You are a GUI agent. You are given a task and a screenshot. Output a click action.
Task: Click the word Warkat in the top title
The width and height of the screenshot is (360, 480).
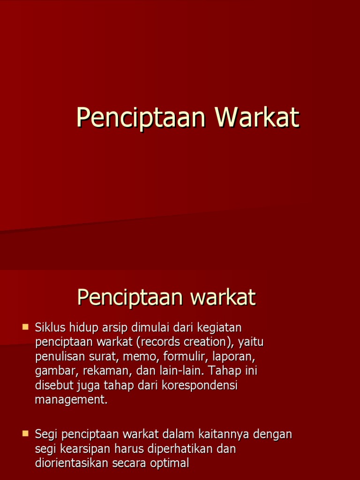257,117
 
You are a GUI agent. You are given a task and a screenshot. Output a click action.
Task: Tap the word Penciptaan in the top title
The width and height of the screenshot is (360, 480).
141,117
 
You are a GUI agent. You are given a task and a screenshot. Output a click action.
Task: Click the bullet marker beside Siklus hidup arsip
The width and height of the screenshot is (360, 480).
25,326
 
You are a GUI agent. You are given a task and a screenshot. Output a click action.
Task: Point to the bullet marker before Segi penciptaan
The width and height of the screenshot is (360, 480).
25,434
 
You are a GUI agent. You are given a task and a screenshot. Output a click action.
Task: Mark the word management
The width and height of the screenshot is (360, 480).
71,400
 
